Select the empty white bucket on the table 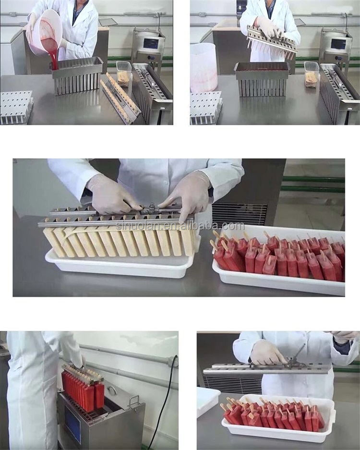[204, 67]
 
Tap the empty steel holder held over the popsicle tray [266, 369]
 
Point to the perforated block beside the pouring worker [16, 107]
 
